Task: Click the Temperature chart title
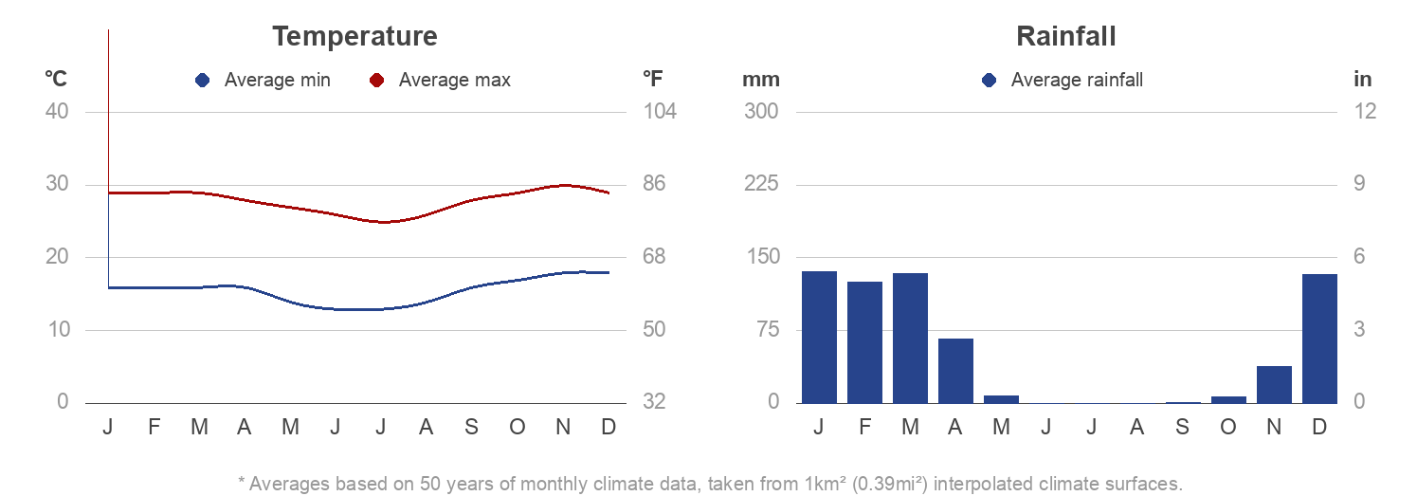(354, 36)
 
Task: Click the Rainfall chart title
(1065, 36)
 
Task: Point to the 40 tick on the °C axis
(57, 111)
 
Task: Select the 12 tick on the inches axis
(1364, 111)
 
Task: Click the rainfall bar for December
(1319, 339)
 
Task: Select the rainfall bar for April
(955, 371)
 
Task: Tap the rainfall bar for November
(1274, 384)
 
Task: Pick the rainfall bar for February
(864, 342)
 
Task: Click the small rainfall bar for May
(1001, 399)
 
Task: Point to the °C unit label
(56, 80)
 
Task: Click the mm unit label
(760, 80)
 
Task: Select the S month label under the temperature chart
(471, 428)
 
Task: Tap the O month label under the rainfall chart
(1227, 428)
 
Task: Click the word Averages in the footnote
(286, 484)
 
